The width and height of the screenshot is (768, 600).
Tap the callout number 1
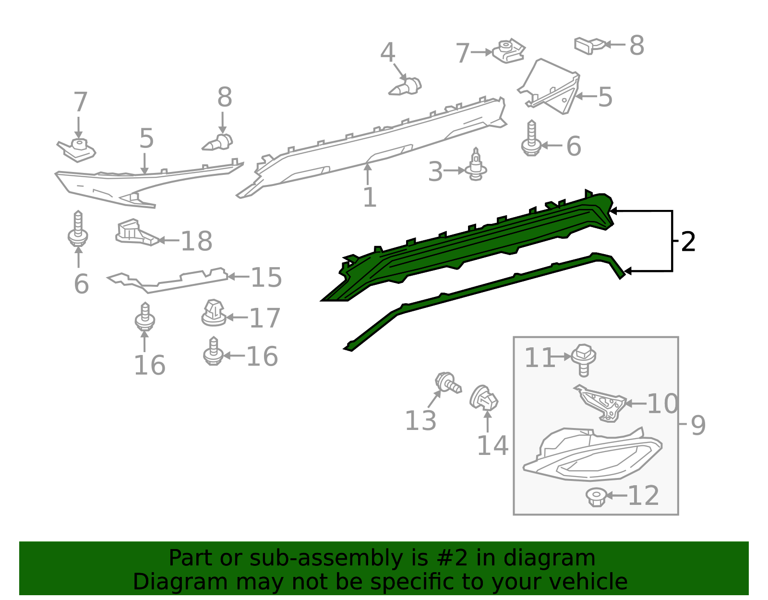pyautogui.click(x=370, y=197)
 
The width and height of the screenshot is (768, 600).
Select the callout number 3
pyautogui.click(x=435, y=172)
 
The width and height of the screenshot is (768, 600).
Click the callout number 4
pyautogui.click(x=387, y=52)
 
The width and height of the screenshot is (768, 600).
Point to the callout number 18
pyautogui.click(x=196, y=241)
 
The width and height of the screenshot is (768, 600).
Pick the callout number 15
pyautogui.click(x=266, y=277)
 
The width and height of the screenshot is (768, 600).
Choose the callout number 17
pyautogui.click(x=265, y=318)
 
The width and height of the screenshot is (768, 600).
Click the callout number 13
pyautogui.click(x=420, y=420)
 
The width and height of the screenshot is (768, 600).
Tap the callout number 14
pyautogui.click(x=492, y=445)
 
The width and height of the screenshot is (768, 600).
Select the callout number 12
pyautogui.click(x=644, y=496)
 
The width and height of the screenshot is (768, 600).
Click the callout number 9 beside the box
pyautogui.click(x=698, y=426)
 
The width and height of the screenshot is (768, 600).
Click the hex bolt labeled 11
pyautogui.click(x=584, y=359)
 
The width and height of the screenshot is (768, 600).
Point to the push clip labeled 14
pyautogui.click(x=483, y=398)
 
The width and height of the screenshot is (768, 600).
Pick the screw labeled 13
pyautogui.click(x=448, y=382)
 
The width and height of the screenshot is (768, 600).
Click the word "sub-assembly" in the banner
pyautogui.click(x=326, y=558)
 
